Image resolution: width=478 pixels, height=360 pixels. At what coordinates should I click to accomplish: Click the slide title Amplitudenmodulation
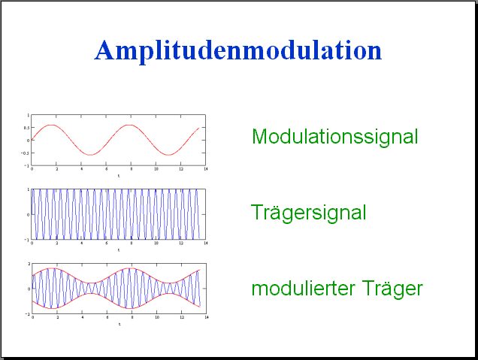238,51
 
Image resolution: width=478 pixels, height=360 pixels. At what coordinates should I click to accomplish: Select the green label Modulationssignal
334,137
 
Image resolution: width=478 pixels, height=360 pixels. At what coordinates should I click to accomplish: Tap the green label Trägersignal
308,213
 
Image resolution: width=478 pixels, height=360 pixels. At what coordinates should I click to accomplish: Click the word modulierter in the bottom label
304,288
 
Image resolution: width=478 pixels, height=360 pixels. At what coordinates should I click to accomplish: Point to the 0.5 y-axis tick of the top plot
26,128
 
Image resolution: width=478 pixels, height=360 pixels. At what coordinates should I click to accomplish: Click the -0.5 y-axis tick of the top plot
25,153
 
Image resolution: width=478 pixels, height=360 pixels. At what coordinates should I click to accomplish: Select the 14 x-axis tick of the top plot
205,169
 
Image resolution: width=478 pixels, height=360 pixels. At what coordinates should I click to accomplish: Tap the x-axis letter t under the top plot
119,176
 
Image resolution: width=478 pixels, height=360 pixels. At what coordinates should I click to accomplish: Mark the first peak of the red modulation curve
52,125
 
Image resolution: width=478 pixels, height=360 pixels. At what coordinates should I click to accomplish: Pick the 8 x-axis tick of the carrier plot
132,243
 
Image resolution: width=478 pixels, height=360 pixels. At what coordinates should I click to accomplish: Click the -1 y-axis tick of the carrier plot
28,240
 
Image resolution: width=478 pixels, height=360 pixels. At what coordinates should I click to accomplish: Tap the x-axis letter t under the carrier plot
119,250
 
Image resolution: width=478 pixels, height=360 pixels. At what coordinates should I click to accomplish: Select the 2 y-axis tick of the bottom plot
29,264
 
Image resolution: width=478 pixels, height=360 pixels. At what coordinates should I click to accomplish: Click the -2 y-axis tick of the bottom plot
28,314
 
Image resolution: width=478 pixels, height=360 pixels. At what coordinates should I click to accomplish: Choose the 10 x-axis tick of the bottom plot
156,317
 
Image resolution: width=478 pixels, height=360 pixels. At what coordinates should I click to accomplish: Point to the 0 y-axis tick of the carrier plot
29,215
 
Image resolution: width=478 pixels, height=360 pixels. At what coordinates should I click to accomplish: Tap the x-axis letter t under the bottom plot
120,324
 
